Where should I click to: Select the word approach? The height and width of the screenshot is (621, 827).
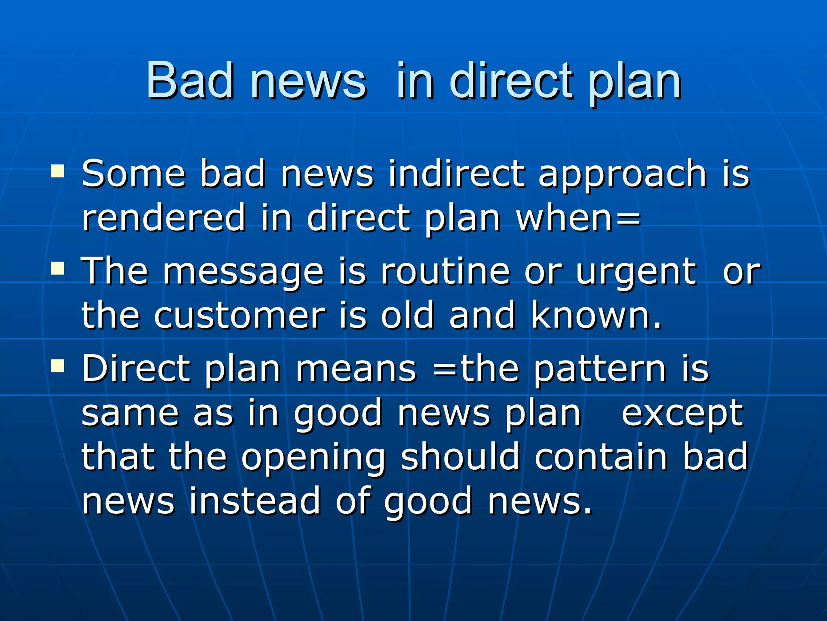[x=622, y=176]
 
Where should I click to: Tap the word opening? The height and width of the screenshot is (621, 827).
[x=313, y=458]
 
